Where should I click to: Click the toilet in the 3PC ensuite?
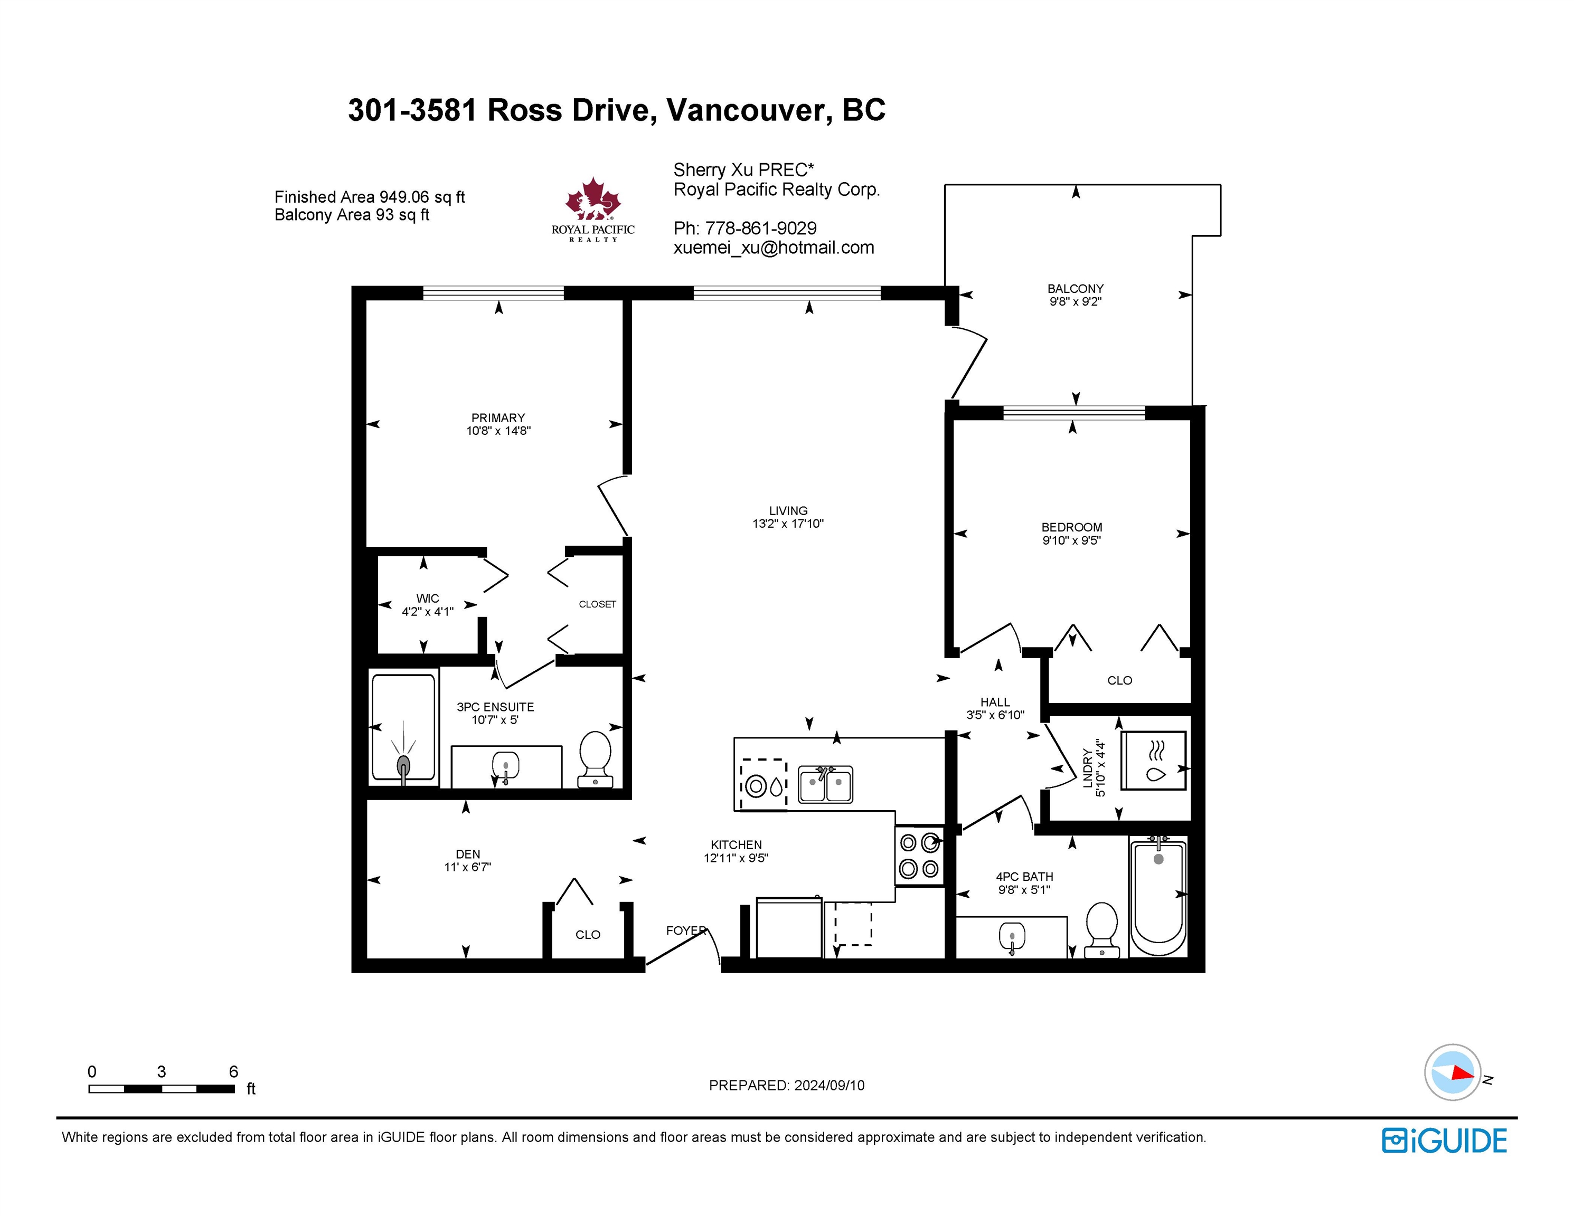(595, 759)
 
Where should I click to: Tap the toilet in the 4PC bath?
(1101, 930)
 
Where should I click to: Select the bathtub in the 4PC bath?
(1158, 896)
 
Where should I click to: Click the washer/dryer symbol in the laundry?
(1153, 761)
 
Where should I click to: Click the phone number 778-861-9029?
(760, 229)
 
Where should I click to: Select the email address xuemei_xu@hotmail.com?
(774, 248)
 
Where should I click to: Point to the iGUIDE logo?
(1444, 1141)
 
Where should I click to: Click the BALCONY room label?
(1075, 289)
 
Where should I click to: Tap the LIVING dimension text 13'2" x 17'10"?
(788, 524)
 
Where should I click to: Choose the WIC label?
(427, 598)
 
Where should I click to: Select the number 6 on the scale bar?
(233, 1071)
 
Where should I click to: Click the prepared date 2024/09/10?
(830, 1086)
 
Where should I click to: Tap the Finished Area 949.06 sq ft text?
(370, 197)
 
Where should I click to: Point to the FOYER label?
(686, 930)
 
